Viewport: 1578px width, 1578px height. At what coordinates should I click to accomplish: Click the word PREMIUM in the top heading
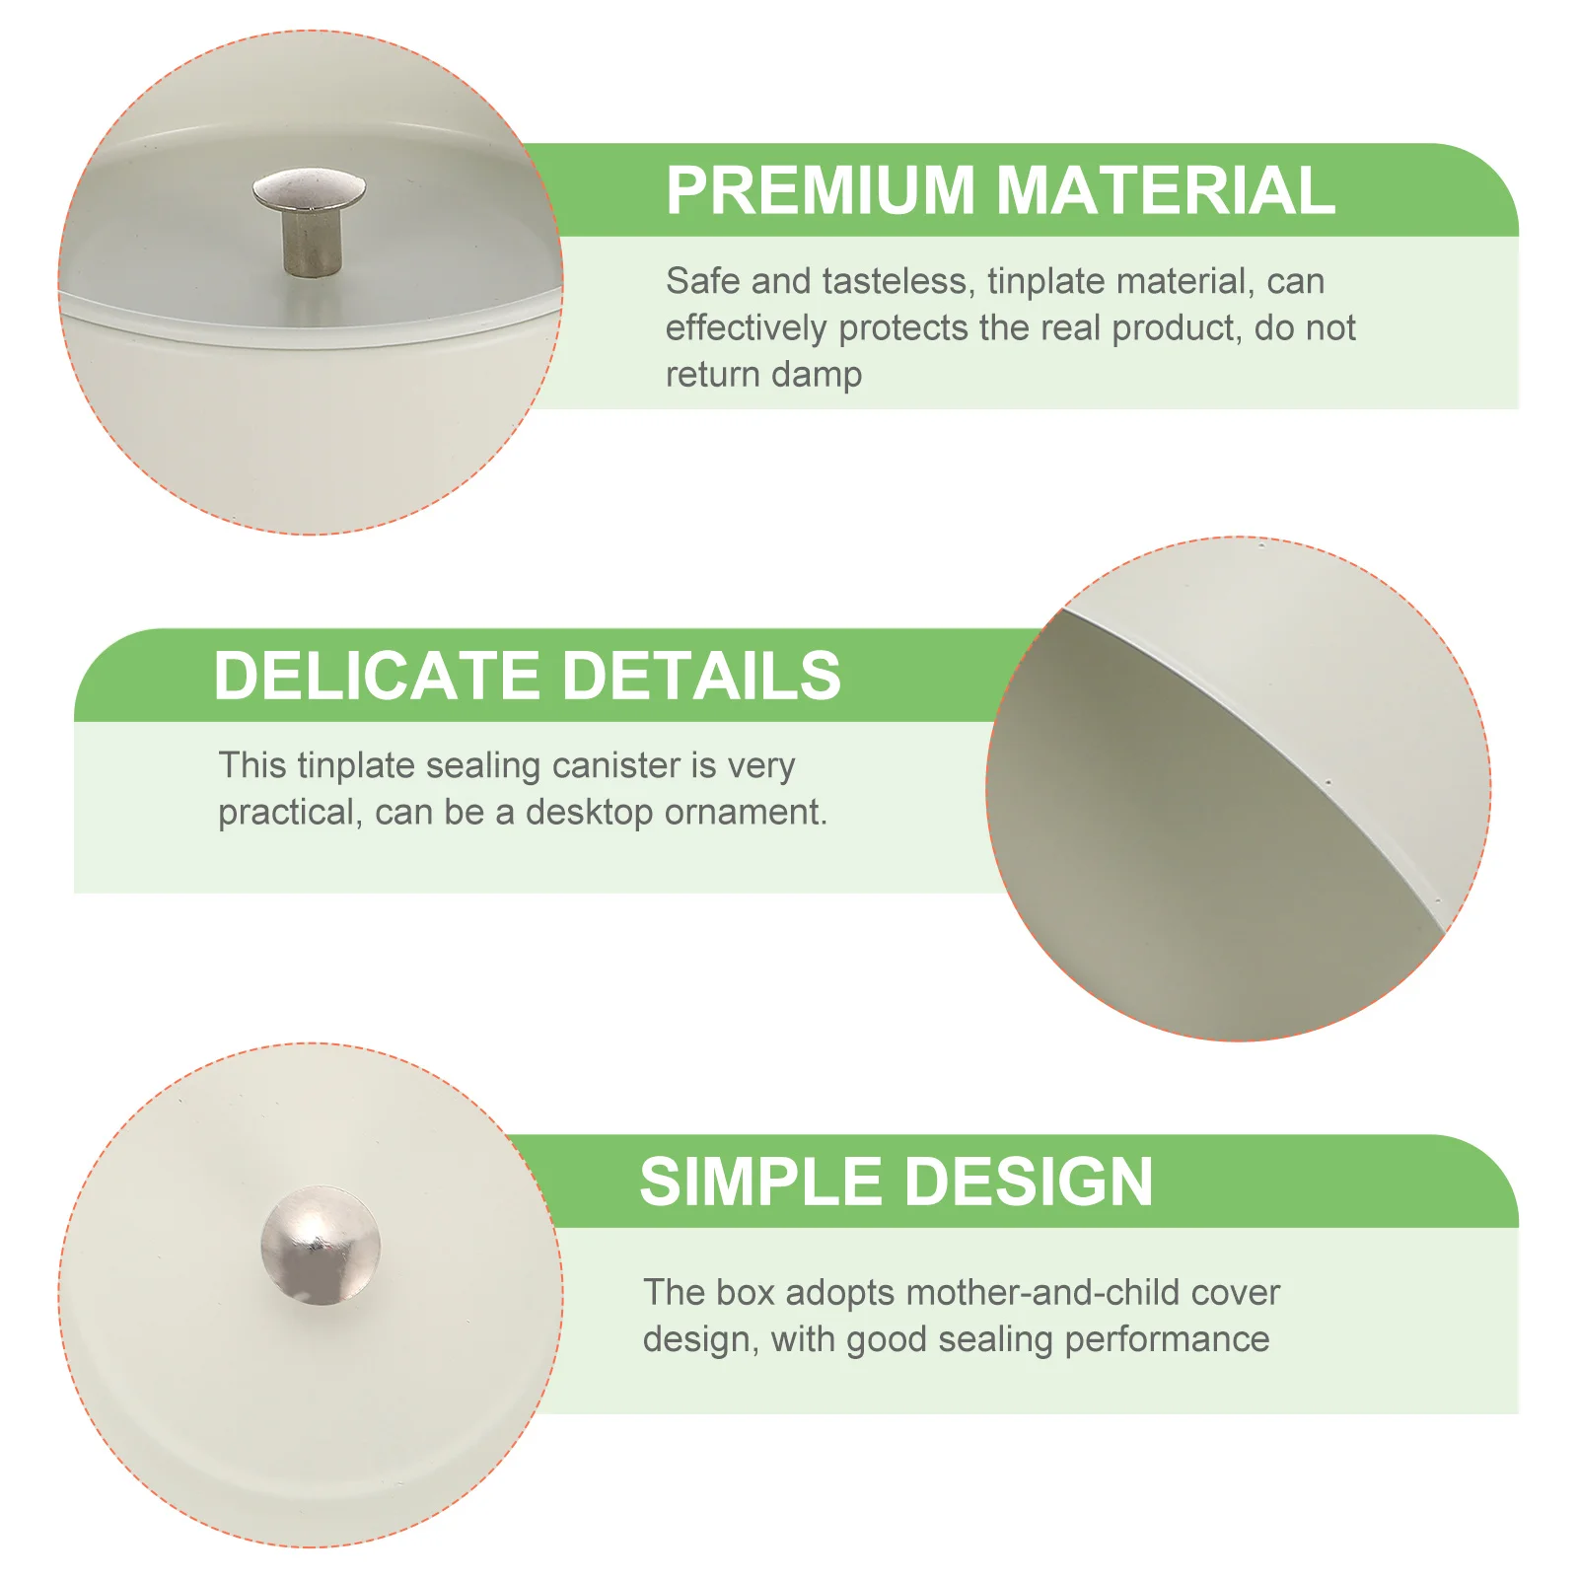(821, 189)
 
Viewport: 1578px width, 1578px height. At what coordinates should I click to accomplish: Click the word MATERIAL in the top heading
(1166, 189)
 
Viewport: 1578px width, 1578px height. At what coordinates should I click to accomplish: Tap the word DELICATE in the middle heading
(375, 676)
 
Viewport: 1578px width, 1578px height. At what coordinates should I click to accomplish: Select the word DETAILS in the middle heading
(701, 676)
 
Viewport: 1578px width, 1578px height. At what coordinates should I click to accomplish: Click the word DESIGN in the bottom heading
(1028, 1182)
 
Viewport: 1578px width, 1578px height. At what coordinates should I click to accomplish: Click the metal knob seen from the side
(309, 222)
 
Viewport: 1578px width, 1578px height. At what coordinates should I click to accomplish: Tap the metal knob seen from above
(321, 1245)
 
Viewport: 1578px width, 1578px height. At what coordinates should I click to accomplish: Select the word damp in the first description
(817, 376)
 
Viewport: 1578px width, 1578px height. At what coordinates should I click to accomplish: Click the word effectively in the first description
(747, 328)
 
